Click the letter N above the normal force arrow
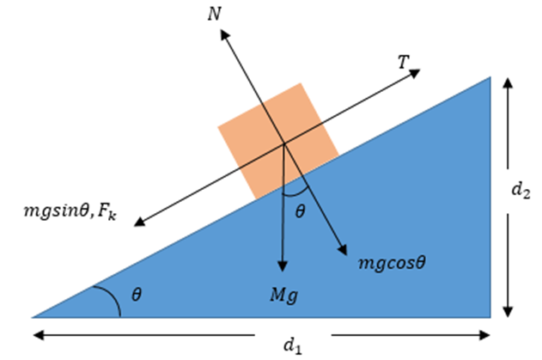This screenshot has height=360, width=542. (215, 15)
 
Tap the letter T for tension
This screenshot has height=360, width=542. (404, 62)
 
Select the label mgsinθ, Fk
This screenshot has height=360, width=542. (70, 211)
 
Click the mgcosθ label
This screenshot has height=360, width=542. (392, 263)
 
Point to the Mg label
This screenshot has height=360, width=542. (283, 296)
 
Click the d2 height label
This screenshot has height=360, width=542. (521, 190)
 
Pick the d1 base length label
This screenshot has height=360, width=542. (292, 345)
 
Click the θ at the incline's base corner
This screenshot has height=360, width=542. (137, 295)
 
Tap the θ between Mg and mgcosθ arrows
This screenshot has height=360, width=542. (300, 211)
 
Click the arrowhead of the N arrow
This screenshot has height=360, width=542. (225, 34)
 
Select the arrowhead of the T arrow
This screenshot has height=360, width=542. (415, 72)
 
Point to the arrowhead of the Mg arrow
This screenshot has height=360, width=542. (283, 266)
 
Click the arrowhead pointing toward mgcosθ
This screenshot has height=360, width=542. (343, 250)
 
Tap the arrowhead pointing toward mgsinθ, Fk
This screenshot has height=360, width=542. (139, 222)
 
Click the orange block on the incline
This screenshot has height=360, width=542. (278, 141)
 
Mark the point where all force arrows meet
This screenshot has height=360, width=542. (283, 143)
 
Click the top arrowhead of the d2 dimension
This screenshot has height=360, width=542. (508, 83)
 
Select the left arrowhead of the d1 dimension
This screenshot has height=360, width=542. (39, 335)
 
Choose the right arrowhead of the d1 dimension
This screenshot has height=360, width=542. (484, 335)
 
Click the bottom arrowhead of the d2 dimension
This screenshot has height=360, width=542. (508, 312)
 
